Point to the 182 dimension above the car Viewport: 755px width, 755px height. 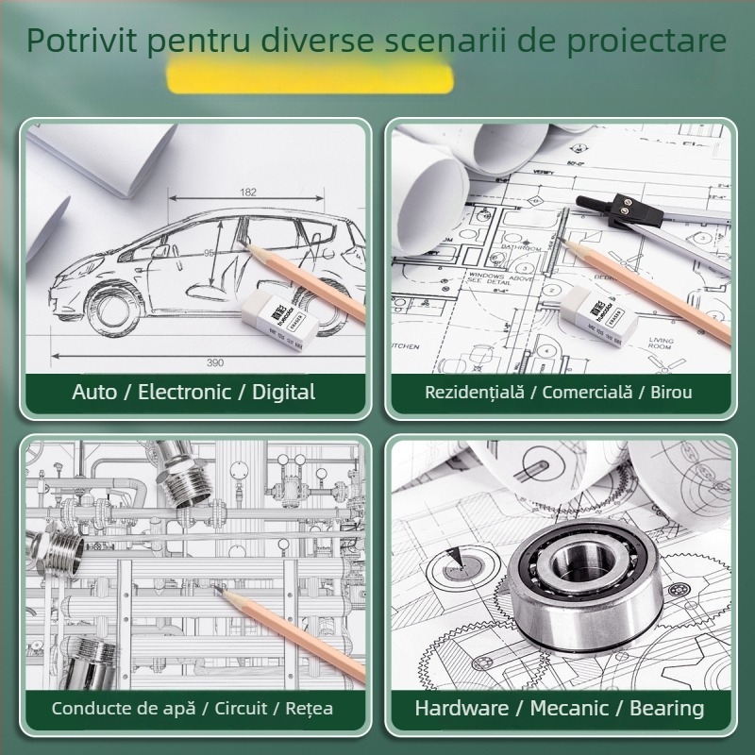tap(248, 193)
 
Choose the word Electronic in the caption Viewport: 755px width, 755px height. tap(184, 392)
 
